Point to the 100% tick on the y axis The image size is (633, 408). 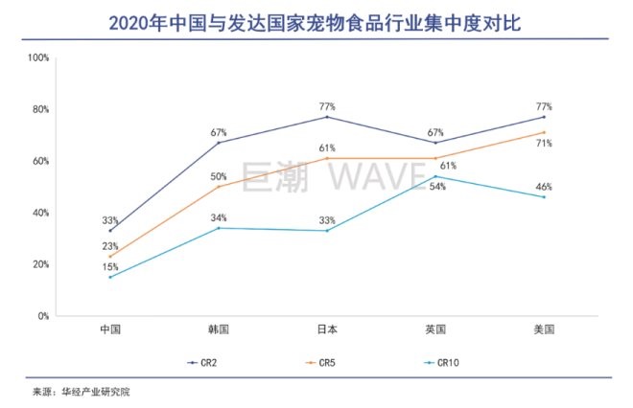pos(38,57)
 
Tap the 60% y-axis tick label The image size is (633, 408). pos(40,161)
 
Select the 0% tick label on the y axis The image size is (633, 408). pos(43,316)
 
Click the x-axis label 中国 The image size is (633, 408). pos(110,330)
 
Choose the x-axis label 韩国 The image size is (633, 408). pos(219,330)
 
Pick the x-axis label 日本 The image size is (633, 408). pos(327,330)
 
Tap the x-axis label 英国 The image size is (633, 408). pos(435,330)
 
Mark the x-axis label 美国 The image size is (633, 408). pos(544,330)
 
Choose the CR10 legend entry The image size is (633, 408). pos(436,363)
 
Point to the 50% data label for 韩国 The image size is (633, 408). pos(219,176)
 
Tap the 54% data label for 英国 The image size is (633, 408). pos(436,185)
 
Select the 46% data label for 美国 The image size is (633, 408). pos(544,186)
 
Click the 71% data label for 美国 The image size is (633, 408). pos(544,143)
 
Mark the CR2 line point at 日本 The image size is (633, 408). pos(327,117)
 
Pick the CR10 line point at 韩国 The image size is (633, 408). pos(219,228)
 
